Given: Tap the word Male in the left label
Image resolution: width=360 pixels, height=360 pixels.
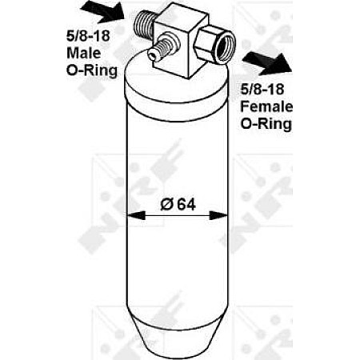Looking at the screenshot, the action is (84, 53).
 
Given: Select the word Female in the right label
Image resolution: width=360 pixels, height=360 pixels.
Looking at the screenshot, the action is (266, 106).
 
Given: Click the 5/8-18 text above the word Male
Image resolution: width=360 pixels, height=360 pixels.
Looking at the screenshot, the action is (88, 36).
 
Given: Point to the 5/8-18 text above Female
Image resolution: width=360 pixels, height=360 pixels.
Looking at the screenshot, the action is (262, 89).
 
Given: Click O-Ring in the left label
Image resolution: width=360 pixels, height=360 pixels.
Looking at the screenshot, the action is (92, 70).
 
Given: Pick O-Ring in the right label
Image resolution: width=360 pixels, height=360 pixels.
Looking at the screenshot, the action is (266, 124).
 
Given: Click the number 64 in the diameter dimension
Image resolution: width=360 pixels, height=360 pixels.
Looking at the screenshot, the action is (186, 205).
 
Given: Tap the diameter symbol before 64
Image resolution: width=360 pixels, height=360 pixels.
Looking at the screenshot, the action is (167, 205).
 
